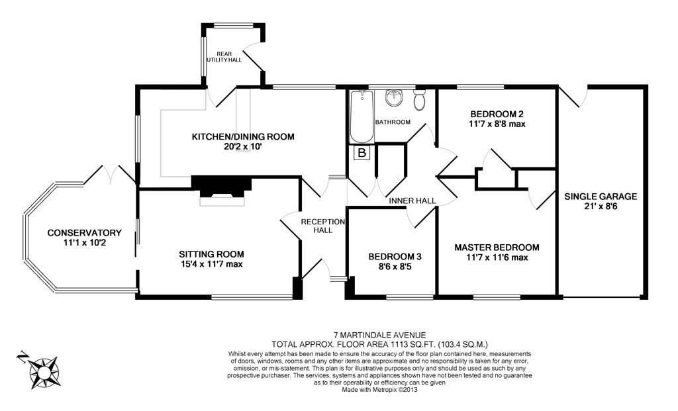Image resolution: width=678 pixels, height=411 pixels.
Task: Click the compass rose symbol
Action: click(x=41, y=369)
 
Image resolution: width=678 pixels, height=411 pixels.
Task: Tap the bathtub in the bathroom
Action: click(x=362, y=118)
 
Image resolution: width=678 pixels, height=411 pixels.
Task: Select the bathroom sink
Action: click(x=394, y=99)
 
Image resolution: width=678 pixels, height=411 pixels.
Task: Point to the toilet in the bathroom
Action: click(x=419, y=101)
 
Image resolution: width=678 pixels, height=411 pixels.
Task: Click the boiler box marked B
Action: click(x=362, y=154)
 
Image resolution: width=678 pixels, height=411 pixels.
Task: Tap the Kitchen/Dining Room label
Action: click(x=242, y=137)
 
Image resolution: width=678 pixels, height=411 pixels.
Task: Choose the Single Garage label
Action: click(x=601, y=197)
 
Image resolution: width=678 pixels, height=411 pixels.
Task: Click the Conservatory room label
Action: click(x=84, y=233)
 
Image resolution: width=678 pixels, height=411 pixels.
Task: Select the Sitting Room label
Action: click(x=211, y=254)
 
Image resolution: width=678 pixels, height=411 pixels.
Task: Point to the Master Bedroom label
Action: click(x=496, y=248)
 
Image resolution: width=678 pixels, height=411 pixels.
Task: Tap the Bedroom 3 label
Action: click(x=395, y=257)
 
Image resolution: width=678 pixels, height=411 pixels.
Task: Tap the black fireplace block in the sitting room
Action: click(x=221, y=185)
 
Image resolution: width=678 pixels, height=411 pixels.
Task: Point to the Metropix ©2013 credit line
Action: click(x=379, y=390)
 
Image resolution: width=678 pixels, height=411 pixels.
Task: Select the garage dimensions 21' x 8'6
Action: click(x=601, y=206)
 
